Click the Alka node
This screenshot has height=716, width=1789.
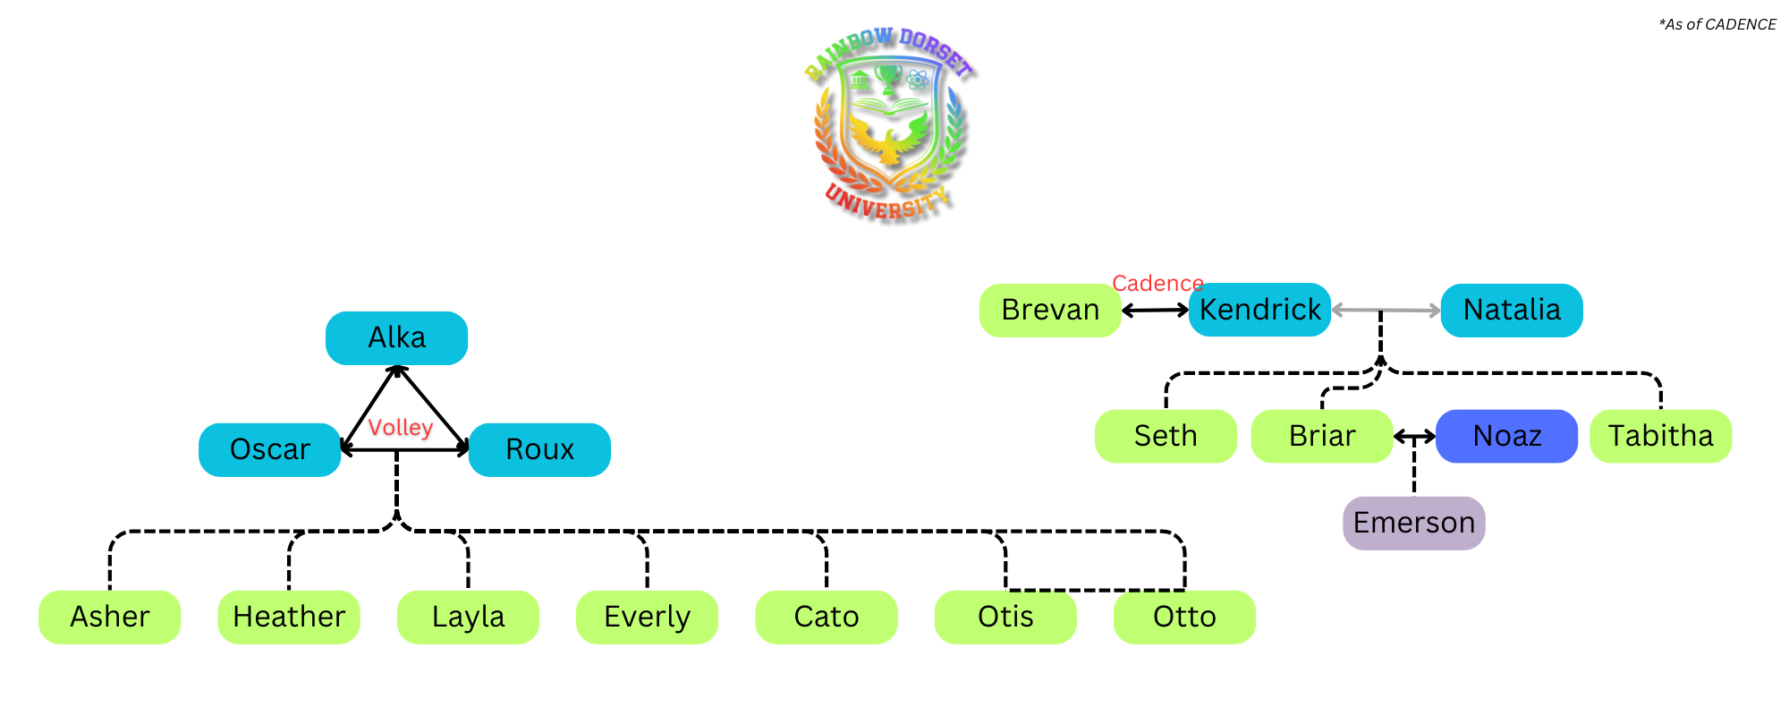point(396,338)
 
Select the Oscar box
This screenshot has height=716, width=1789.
point(269,449)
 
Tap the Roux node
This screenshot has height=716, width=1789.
point(539,449)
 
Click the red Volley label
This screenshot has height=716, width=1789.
point(401,428)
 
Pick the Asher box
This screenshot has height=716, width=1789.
point(109,617)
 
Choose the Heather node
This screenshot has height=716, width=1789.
point(289,617)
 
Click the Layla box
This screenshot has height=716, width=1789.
point(468,617)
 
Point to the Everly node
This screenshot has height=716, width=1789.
point(647,617)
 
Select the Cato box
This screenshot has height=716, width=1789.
point(827,617)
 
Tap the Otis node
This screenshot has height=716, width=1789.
point(1005,617)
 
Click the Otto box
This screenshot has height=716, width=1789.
point(1184,617)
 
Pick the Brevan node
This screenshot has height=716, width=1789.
point(1050,310)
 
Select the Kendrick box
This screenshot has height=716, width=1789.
point(1259,310)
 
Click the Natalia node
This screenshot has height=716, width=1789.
point(1512,310)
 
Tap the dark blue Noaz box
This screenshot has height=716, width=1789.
point(1506,436)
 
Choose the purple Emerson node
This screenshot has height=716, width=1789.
point(1413,523)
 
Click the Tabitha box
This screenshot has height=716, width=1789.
point(1660,436)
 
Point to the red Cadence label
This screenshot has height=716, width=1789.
point(1157,284)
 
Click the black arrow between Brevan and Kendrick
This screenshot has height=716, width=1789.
point(1155,311)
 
